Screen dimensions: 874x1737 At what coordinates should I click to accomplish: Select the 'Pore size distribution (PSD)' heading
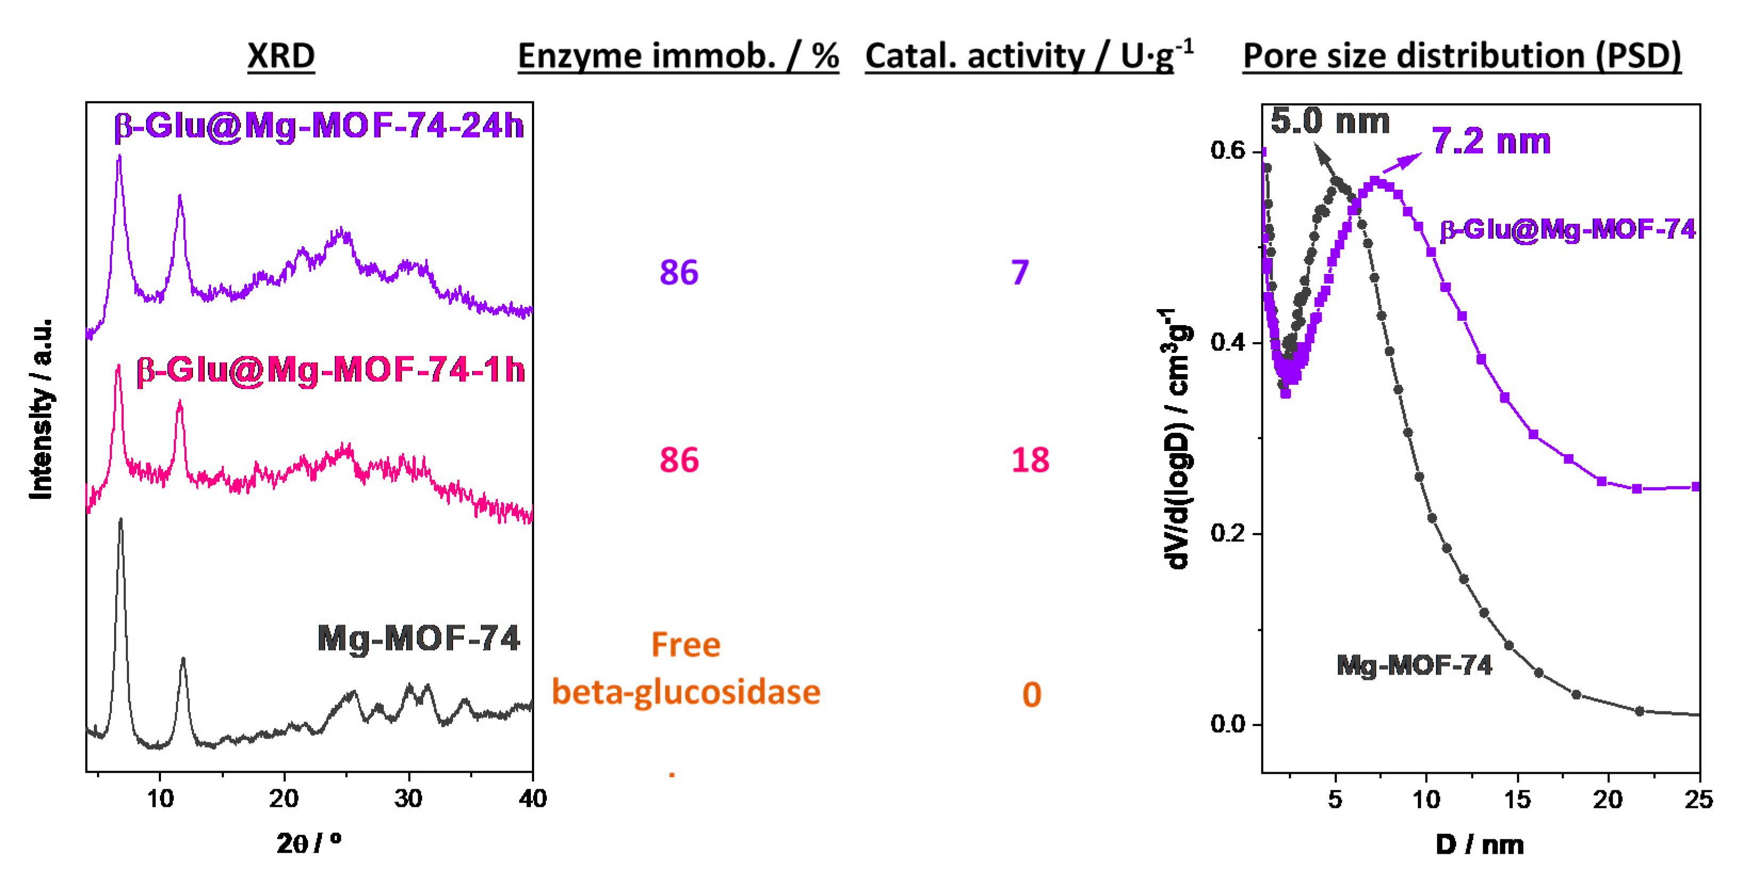[1461, 55]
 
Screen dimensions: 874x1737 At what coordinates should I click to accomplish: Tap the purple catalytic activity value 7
[1020, 272]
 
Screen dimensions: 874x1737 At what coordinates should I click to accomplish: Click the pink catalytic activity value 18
[1030, 460]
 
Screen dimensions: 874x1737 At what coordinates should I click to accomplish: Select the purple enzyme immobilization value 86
[678, 272]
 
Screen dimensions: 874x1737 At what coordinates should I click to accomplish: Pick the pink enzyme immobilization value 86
[678, 460]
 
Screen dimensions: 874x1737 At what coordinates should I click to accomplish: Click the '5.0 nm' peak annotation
[1330, 122]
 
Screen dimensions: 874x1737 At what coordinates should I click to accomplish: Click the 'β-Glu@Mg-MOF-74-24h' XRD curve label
[318, 125]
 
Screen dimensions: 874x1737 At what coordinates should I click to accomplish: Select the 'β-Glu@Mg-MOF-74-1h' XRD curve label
[330, 369]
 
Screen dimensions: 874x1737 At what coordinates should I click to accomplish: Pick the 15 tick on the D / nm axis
[1517, 800]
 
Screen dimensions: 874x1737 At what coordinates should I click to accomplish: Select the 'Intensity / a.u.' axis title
[41, 409]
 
